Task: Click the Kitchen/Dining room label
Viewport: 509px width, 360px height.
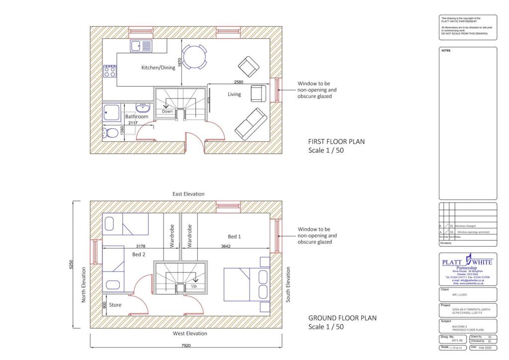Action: [158, 68]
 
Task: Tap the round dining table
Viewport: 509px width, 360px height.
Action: [194, 57]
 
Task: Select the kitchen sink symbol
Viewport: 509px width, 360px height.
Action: [142, 46]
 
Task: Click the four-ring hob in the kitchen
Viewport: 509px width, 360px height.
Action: [109, 71]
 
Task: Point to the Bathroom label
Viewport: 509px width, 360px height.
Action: [136, 116]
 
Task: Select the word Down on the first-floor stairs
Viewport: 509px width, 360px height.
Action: [168, 111]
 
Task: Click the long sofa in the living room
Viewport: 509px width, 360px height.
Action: [250, 124]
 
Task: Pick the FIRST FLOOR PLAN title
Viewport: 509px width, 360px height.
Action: [336, 142]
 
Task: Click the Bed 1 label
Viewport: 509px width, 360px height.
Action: [234, 237]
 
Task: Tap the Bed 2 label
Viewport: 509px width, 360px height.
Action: [139, 254]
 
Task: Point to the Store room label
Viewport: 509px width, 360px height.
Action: [115, 305]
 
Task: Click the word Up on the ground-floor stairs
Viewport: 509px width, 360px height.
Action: [194, 286]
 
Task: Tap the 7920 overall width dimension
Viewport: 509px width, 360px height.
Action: [186, 345]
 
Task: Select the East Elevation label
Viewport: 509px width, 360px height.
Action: [189, 194]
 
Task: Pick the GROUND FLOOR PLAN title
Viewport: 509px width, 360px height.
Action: [342, 318]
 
